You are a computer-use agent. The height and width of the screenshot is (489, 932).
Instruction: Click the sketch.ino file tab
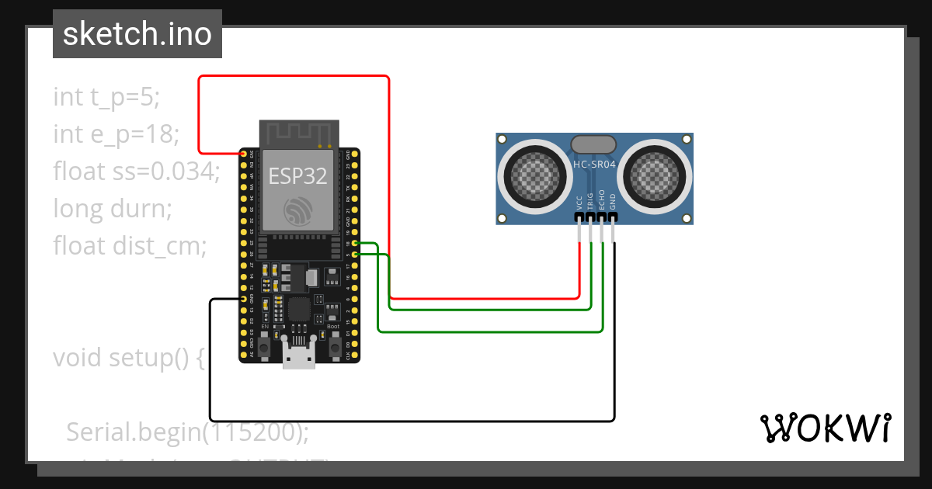coord(137,34)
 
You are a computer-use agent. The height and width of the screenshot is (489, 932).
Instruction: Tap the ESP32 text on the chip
coord(298,176)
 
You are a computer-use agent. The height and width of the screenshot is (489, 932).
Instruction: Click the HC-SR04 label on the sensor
coord(594,165)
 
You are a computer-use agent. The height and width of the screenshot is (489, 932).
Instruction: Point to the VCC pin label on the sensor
coord(579,203)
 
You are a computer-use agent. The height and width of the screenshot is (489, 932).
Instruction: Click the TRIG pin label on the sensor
coord(590,201)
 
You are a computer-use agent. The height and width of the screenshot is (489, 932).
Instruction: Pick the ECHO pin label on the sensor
coord(602,201)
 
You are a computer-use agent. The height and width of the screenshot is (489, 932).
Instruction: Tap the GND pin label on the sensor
coord(613,203)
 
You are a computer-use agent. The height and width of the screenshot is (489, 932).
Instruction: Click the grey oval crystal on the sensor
coord(593,144)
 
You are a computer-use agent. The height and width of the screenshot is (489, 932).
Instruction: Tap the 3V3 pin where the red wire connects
coord(244,154)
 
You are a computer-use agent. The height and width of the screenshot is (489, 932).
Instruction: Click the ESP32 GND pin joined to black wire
coord(244,299)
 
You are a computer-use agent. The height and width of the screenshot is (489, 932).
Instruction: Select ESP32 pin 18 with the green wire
coord(355,244)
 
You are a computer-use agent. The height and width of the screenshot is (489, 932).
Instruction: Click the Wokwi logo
coord(825,428)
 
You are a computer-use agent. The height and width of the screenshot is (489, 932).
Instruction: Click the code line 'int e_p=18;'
coord(116,134)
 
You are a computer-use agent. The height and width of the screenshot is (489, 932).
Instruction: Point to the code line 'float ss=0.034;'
coord(137,172)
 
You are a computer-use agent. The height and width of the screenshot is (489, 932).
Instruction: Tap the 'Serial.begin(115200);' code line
coord(187,432)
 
